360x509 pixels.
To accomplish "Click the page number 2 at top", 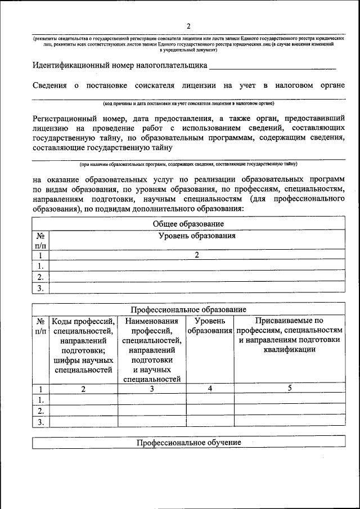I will tap(188, 26).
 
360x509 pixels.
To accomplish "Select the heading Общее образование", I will tap(188, 224).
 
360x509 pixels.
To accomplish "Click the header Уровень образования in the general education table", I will tap(197, 236).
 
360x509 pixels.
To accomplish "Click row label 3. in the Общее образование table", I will tap(40, 289).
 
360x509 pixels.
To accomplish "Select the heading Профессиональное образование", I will tap(188, 310).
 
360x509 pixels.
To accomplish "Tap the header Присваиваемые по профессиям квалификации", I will tap(289, 335).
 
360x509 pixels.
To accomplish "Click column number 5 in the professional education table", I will tap(290, 388).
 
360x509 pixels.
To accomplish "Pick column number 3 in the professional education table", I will tap(152, 388).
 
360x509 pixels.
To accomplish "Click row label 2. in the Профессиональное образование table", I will tap(40, 411).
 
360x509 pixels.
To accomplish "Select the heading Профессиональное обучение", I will tap(188, 443).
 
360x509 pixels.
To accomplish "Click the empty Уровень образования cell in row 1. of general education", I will tap(197, 266).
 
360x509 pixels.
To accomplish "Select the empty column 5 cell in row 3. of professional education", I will tap(290, 422).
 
